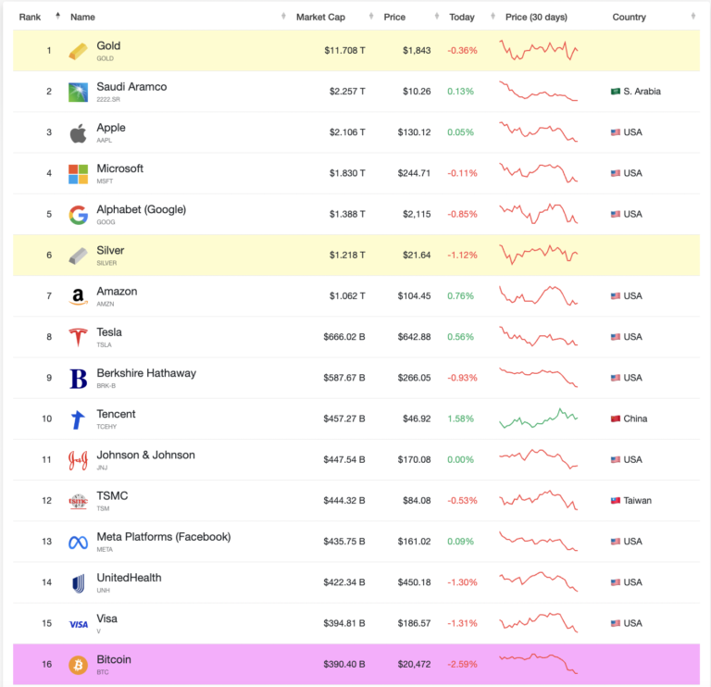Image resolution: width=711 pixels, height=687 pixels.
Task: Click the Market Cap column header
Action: point(320,17)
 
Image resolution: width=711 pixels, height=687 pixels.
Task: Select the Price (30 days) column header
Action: point(536,17)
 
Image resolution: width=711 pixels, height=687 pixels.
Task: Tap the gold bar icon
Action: point(79,51)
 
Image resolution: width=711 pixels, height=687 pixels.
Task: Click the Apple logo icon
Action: point(79,133)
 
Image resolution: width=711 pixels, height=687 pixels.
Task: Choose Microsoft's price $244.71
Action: point(412,173)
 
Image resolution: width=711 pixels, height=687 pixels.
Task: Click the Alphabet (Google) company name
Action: point(141,209)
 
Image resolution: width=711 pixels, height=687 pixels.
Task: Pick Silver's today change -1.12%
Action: point(462,255)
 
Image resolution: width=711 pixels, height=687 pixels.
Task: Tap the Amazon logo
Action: point(79,296)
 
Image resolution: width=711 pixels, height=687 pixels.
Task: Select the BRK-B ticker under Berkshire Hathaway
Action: point(107,384)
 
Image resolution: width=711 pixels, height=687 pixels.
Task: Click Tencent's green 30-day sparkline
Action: point(538,418)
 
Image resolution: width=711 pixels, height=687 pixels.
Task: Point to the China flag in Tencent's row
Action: point(616,418)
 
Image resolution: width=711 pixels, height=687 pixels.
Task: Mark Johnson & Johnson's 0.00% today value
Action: point(462,459)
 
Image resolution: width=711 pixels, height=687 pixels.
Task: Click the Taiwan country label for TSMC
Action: point(637,500)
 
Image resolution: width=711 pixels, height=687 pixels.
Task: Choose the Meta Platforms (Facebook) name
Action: point(163,536)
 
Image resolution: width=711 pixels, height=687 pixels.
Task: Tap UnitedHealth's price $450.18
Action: point(412,582)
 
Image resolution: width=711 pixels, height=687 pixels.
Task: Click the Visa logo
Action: point(79,624)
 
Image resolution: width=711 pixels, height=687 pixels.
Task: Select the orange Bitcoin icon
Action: point(79,665)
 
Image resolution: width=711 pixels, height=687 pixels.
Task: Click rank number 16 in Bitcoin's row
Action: point(47,664)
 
